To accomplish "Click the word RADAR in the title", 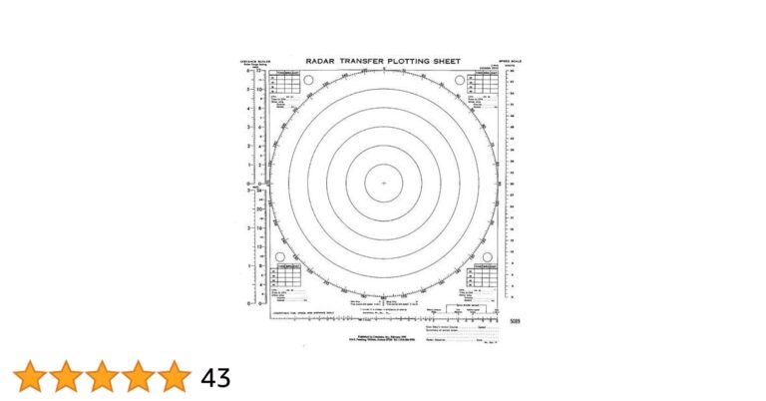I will [x=321, y=62].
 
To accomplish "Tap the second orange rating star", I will [x=65, y=377].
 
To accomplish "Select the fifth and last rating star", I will [x=174, y=377].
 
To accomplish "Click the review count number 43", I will [x=215, y=378].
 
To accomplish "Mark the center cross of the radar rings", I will [x=383, y=184].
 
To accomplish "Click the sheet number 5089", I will [x=514, y=321].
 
